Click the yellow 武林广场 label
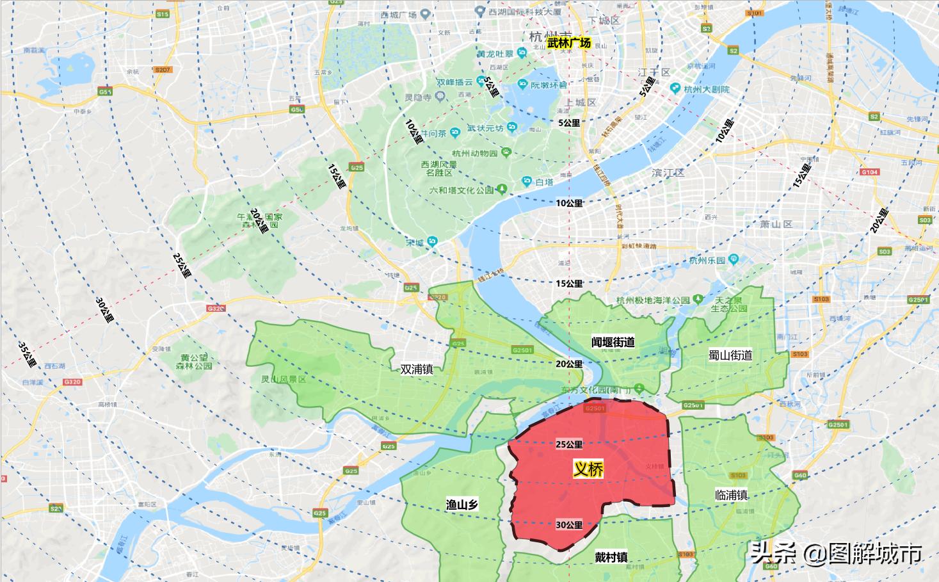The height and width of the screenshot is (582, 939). pos(569,43)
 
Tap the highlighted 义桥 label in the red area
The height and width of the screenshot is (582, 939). pos(588,469)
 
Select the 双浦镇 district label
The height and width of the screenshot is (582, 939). pos(417,369)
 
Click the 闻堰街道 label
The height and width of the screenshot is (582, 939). pos(613,343)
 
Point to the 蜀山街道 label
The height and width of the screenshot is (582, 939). pos(730,355)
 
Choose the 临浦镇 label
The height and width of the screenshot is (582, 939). pos(732,495)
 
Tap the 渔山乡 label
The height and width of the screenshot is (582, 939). pos(462,505)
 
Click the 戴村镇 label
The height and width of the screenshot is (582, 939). pos(611,557)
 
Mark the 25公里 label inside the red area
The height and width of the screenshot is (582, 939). pos(569,444)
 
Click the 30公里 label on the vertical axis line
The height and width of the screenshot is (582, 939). pos(569,525)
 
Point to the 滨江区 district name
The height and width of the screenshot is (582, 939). pos(668,173)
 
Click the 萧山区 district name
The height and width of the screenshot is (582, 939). pos(776,224)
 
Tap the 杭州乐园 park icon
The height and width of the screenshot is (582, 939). pos(734,259)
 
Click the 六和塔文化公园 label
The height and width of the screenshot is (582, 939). pos(461,190)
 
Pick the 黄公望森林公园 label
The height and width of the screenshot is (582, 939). pos(194,362)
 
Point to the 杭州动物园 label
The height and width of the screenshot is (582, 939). pos(474,153)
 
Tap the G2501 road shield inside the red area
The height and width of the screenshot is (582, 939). pos(595,408)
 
